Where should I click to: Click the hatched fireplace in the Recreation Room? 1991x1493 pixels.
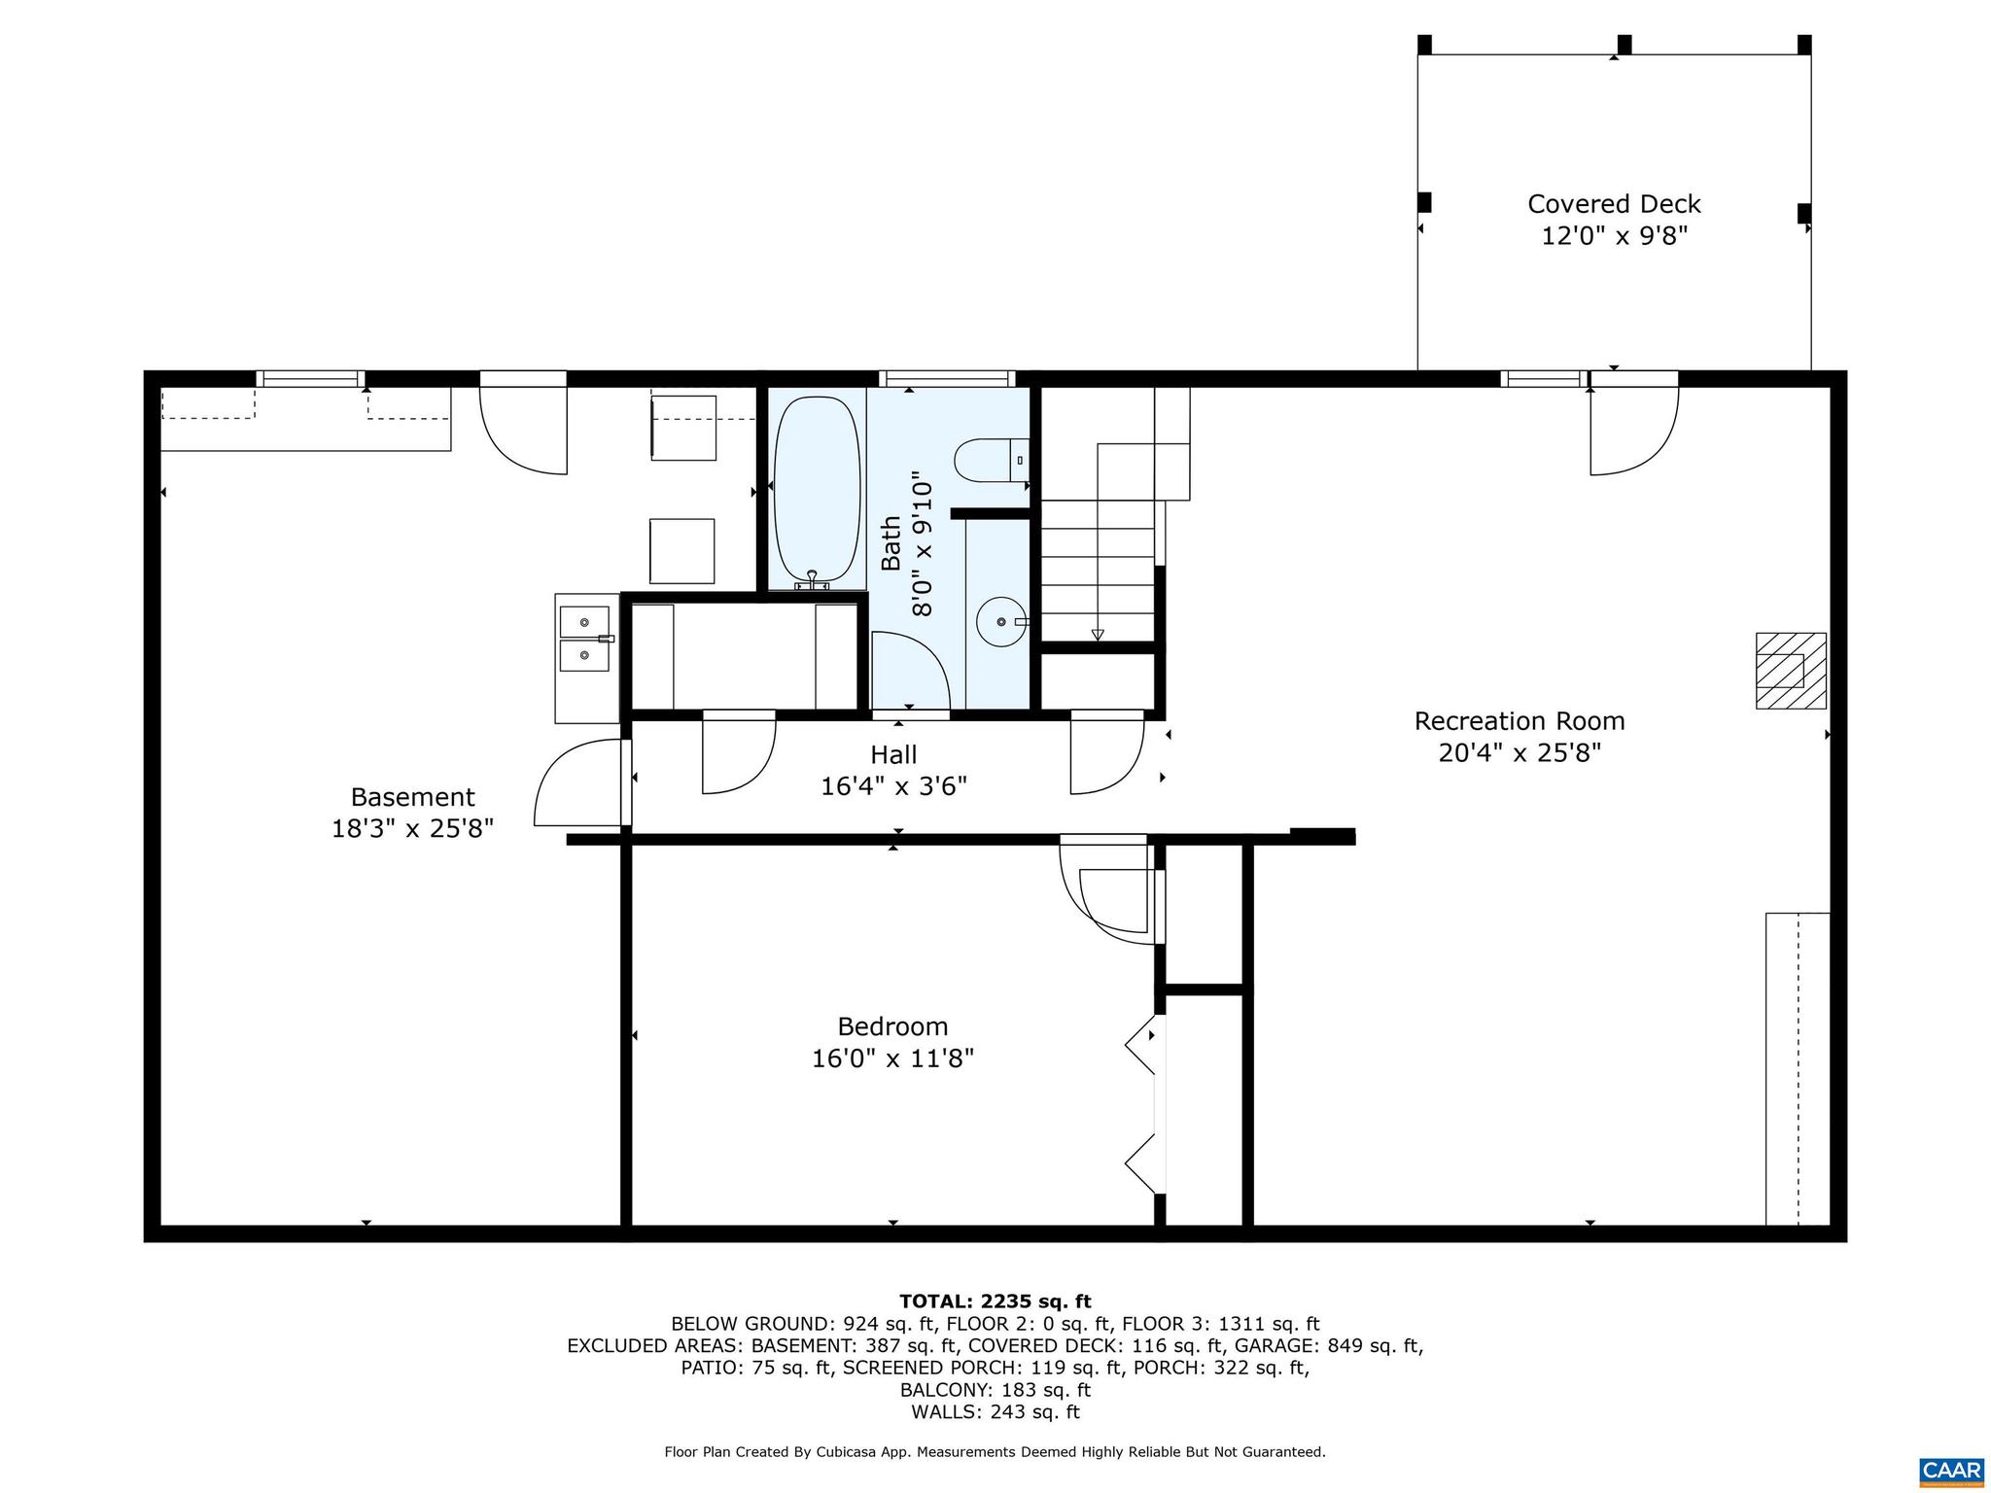pos(1790,670)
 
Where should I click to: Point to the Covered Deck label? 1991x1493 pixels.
pos(1614,204)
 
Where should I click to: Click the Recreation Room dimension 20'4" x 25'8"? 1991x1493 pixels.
pos(1519,753)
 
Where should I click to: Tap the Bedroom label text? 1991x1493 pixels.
pos(892,1026)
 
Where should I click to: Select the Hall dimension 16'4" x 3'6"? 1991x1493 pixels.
pos(893,786)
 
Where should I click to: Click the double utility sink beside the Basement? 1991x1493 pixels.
pos(584,639)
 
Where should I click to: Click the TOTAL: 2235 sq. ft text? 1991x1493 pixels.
pos(995,1302)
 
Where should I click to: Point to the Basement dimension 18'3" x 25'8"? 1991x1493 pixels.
pos(412,829)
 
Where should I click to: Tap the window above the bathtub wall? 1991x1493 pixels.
pos(946,379)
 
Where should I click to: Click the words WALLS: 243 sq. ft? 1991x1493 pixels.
pos(995,1412)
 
